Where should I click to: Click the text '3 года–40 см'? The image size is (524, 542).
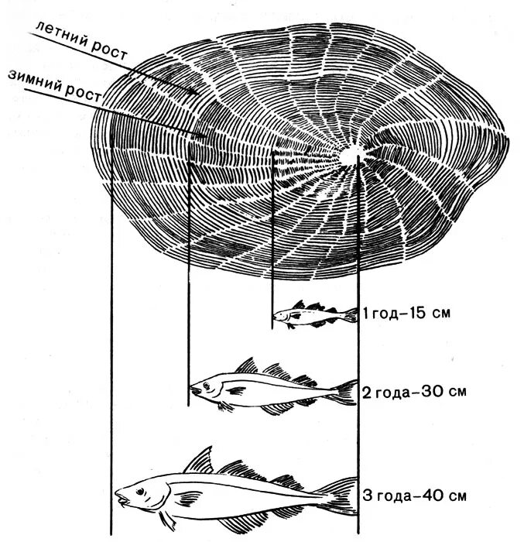coord(414,493)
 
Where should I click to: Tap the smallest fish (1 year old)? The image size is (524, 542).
coord(314,314)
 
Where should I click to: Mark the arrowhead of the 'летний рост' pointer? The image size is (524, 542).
coord(197,94)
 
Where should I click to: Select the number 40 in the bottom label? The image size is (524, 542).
coord(444,493)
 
